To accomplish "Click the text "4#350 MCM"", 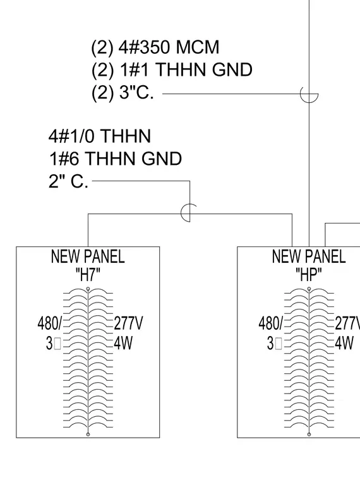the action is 169,47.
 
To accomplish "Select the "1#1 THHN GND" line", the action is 186,69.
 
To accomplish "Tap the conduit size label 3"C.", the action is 136,92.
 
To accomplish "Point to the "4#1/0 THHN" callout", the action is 100,136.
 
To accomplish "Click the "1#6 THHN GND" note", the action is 116,159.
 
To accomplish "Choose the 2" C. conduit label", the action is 68,181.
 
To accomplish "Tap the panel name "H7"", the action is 88,274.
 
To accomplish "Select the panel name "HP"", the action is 309,274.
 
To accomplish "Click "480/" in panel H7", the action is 50,323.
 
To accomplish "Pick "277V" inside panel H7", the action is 128,323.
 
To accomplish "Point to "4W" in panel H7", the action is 123,343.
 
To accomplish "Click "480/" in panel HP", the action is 270,323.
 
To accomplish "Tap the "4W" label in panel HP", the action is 344,343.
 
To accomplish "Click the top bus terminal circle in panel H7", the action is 88,289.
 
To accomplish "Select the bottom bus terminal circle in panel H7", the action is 88,435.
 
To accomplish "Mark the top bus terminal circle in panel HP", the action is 309,289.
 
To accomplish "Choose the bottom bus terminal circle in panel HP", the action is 309,435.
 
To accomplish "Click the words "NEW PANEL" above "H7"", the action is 88,256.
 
